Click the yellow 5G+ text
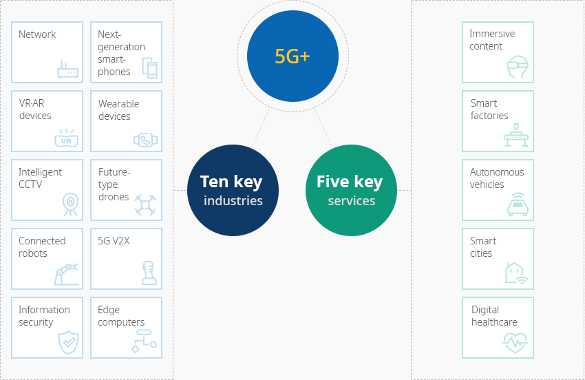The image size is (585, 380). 292,56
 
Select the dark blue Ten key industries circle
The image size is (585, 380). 233,191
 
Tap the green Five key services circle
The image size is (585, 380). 351,191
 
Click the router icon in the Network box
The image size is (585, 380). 67,69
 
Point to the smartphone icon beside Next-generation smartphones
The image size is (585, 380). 149,68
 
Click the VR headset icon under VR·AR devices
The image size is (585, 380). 66,138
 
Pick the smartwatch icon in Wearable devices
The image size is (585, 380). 145,140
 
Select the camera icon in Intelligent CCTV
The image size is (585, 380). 70,204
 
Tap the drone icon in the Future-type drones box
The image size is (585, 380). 145,205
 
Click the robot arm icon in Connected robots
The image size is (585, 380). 67,275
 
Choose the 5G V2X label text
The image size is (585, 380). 114,241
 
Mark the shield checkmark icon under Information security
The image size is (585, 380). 69,342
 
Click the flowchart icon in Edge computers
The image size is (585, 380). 144,341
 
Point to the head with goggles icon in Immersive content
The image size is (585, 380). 518,67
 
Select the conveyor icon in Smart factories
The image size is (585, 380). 516,136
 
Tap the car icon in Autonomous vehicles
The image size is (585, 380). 518,204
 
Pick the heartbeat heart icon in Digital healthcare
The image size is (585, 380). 515,343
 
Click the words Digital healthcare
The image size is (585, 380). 494,316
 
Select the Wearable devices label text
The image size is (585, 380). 118,109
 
